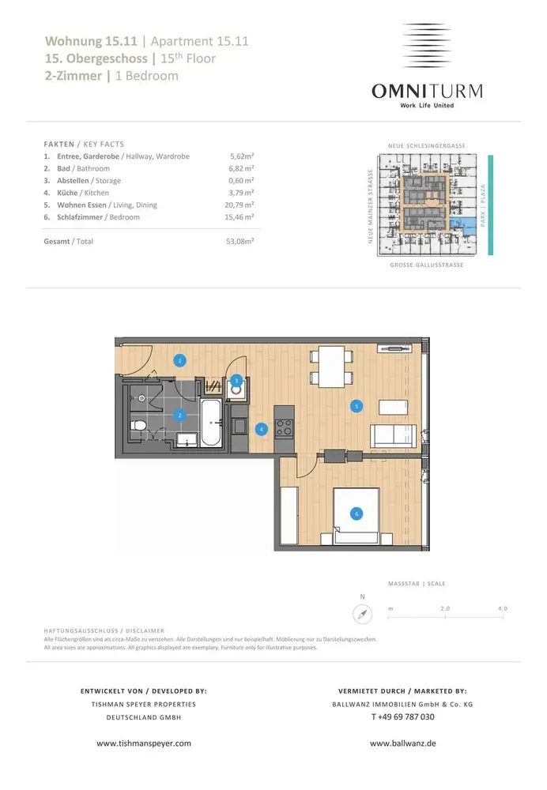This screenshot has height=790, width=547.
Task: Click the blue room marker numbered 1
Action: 180,360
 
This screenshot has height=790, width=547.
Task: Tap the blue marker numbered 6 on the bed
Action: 356,514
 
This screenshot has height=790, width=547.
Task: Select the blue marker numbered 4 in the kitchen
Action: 261,429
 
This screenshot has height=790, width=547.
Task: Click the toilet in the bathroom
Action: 138,426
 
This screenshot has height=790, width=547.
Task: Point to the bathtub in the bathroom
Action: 211,422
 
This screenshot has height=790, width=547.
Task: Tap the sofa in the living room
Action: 393,436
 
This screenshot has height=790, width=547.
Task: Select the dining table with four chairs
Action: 331,367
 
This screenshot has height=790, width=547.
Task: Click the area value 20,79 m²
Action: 239,205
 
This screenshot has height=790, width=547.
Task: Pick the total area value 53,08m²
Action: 240,241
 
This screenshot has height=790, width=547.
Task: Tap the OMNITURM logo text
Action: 427,91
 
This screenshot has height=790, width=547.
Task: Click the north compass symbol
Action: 363,614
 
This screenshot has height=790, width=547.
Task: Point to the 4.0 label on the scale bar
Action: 503,608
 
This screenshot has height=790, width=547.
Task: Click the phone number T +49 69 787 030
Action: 403,717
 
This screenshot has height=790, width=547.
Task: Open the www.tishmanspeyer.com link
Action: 144,743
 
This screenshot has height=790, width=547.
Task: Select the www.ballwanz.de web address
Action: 403,743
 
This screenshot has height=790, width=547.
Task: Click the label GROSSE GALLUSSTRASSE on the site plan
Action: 427,265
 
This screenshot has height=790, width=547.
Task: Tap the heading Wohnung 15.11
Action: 91,41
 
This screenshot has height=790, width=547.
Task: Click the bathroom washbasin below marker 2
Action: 187,440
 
